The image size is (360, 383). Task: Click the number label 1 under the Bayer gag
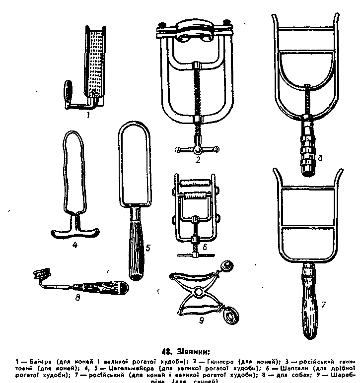87,115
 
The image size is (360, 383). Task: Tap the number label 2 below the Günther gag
197,160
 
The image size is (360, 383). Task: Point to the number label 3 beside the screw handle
321,159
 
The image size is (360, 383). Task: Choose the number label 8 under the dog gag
77,299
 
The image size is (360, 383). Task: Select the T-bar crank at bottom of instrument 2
197,149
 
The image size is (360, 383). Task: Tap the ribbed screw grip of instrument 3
308,146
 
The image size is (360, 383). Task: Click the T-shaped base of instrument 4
75,231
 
